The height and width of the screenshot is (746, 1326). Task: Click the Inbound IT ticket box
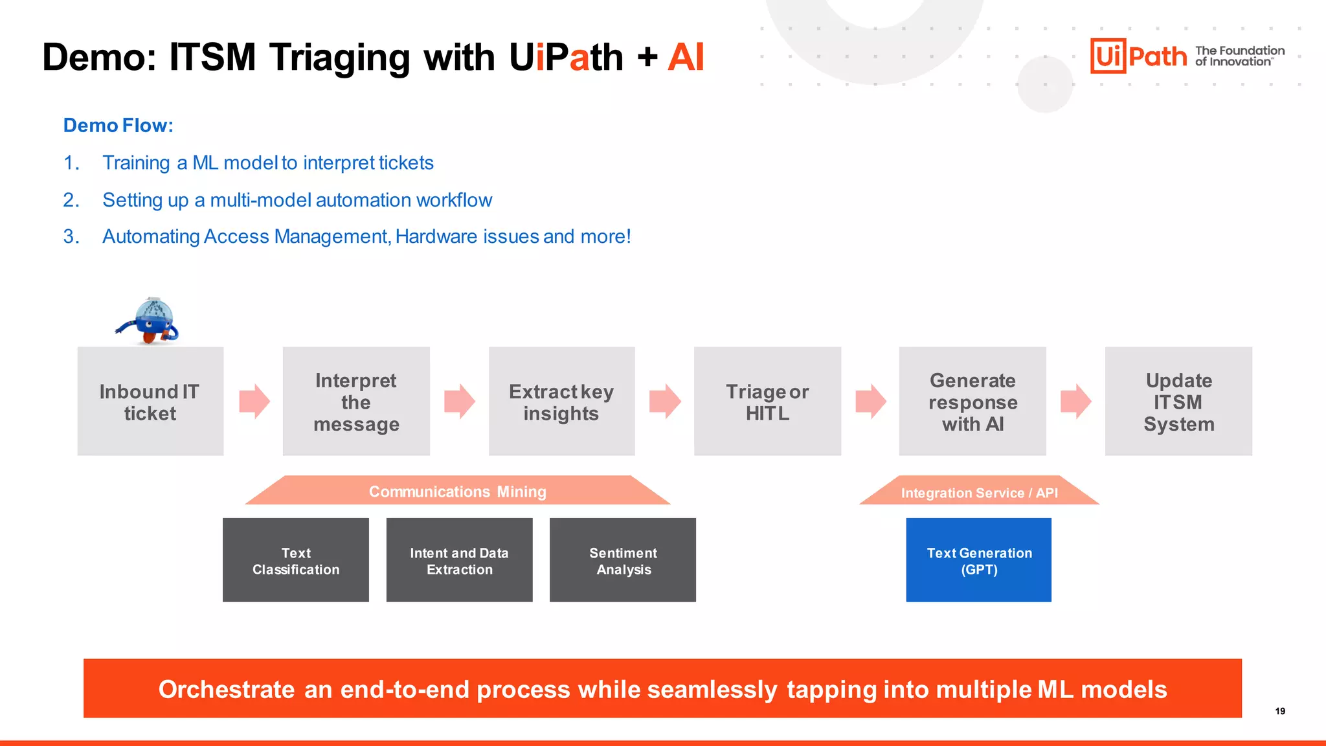point(150,401)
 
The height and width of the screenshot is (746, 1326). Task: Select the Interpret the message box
point(356,401)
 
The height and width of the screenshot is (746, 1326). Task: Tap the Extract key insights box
point(561,401)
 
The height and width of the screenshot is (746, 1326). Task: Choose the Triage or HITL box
point(767,401)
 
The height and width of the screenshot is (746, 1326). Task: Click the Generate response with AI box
point(972,401)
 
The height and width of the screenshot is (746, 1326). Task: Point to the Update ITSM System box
point(1178,401)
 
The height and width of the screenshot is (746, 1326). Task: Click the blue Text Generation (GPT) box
point(978,560)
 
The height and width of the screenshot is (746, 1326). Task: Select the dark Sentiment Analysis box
point(623,560)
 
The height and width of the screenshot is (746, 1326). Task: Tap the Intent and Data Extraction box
point(459,560)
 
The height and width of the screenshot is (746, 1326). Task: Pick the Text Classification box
point(296,560)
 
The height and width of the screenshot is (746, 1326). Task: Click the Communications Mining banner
point(457,492)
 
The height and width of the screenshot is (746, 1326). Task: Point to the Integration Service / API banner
point(979,493)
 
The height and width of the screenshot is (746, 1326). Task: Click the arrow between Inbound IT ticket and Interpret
point(254,401)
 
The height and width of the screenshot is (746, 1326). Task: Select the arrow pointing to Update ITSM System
point(1075,401)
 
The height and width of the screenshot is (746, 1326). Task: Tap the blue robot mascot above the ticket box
point(149,321)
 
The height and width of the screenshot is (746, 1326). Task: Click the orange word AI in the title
point(685,57)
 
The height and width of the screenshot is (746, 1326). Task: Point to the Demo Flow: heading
point(118,125)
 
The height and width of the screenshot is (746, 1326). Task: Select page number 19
point(1280,711)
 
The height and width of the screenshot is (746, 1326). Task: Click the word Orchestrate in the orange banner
point(227,690)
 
